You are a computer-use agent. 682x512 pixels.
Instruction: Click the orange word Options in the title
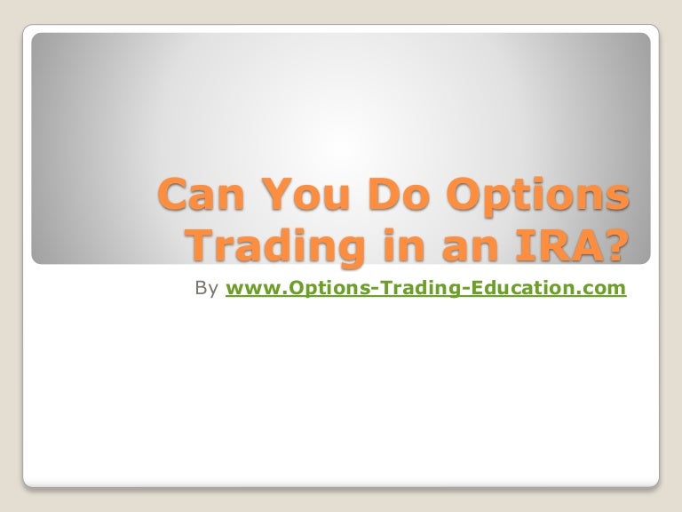(x=534, y=196)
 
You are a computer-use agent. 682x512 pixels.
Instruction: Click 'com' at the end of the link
(x=607, y=290)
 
